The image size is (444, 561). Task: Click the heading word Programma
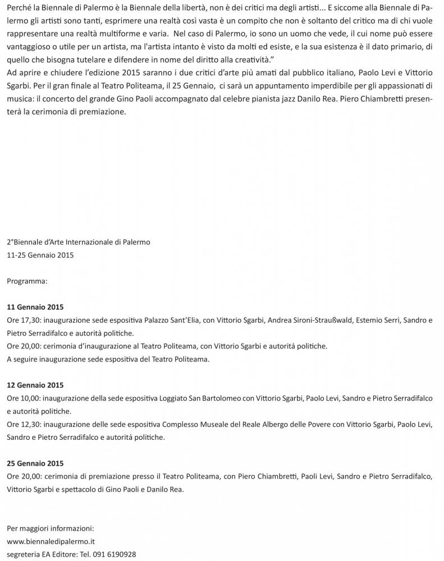tap(27, 281)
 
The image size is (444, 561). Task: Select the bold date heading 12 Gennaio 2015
tap(35, 385)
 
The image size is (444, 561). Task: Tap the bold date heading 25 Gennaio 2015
tap(35, 463)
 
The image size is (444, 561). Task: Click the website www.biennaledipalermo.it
tap(51, 541)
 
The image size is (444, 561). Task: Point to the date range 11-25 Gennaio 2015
tap(40, 255)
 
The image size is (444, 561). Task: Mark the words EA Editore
tap(65, 554)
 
